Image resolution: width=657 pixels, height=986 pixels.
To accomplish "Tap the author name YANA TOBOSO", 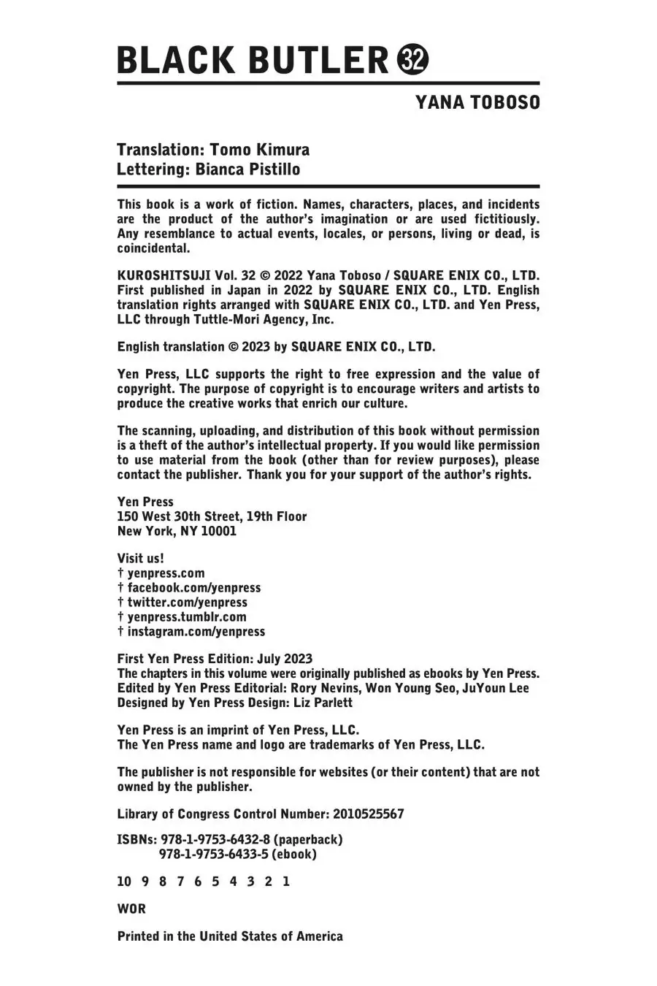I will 477,103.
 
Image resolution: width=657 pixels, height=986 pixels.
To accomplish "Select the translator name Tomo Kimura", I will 259,150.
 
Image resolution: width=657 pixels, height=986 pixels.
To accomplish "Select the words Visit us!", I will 141,558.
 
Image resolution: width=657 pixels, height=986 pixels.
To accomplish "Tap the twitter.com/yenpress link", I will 187,603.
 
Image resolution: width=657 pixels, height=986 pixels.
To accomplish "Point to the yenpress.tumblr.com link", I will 187,617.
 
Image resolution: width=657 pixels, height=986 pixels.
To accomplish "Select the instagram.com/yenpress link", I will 196,632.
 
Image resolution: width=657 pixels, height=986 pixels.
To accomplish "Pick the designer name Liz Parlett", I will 323,703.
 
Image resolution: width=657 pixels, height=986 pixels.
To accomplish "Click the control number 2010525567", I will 368,814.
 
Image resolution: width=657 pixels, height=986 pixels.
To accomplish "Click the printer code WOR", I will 131,909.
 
